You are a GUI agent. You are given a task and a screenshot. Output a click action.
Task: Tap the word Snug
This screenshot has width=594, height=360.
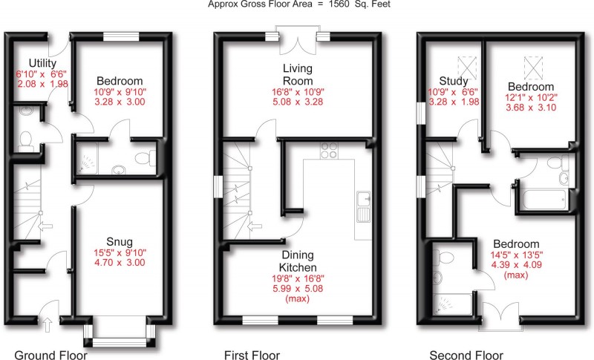(119, 241)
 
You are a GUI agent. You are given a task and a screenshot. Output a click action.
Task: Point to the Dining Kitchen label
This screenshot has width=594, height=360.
(297, 261)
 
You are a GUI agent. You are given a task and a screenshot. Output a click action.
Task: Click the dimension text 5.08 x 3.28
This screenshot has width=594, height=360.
(297, 105)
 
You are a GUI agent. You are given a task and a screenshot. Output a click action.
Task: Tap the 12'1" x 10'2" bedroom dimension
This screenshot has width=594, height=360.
(532, 97)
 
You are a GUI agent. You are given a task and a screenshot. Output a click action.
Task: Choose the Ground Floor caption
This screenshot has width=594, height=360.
(50, 355)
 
